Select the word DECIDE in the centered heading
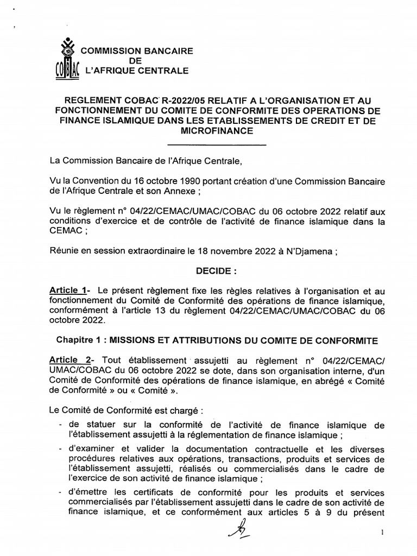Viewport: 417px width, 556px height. [x=213, y=270]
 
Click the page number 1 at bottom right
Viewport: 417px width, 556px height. [x=383, y=533]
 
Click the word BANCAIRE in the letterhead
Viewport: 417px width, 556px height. [x=167, y=51]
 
